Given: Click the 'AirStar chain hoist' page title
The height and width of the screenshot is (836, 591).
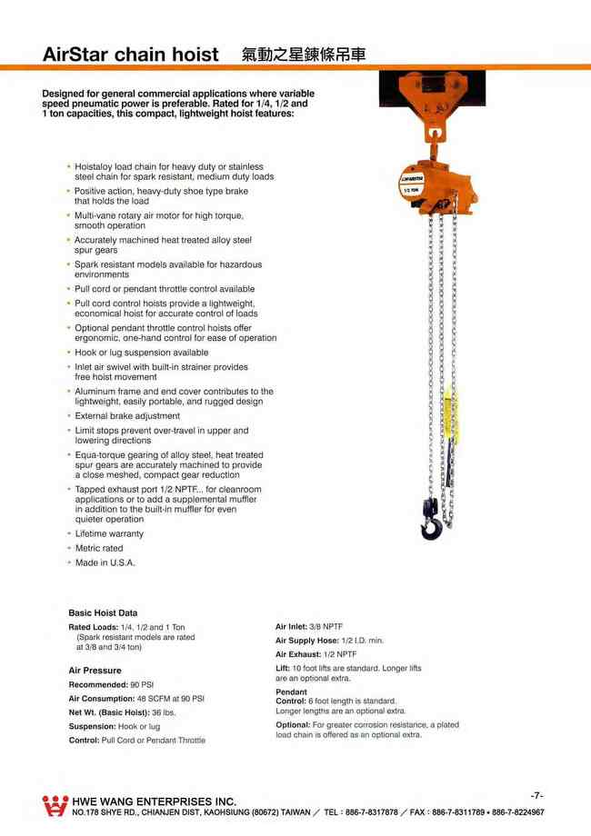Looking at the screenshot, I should pyautogui.click(x=131, y=54).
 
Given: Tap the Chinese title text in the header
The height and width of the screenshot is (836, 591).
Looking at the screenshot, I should pyautogui.click(x=305, y=54).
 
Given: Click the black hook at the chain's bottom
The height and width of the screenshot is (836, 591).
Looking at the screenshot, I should pyautogui.click(x=430, y=522).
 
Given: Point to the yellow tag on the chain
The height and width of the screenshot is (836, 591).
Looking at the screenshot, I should pyautogui.click(x=451, y=414).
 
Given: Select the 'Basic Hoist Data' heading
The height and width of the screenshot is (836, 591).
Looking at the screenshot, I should pyautogui.click(x=103, y=613).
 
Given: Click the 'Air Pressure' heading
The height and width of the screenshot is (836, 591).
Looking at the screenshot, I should pyautogui.click(x=95, y=671).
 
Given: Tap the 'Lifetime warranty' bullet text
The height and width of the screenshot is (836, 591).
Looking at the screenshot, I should pyautogui.click(x=108, y=534).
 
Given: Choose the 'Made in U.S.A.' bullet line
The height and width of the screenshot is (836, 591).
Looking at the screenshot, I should pyautogui.click(x=105, y=563).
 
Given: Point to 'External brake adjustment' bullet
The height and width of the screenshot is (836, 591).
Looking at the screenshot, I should pyautogui.click(x=126, y=416).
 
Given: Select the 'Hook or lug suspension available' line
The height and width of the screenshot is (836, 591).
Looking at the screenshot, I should pyautogui.click(x=141, y=353).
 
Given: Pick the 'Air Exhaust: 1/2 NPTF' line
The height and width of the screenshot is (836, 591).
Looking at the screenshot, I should pyautogui.click(x=316, y=654).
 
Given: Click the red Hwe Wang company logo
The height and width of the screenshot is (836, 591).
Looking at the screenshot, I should pyautogui.click(x=55, y=805).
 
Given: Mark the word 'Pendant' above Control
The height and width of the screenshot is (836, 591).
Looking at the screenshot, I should pyautogui.click(x=291, y=692).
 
